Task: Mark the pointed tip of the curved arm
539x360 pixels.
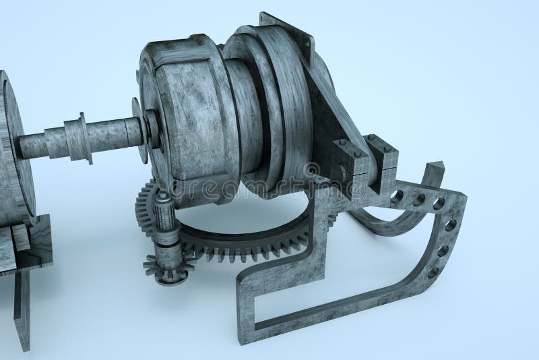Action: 440,166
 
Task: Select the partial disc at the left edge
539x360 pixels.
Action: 9,148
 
